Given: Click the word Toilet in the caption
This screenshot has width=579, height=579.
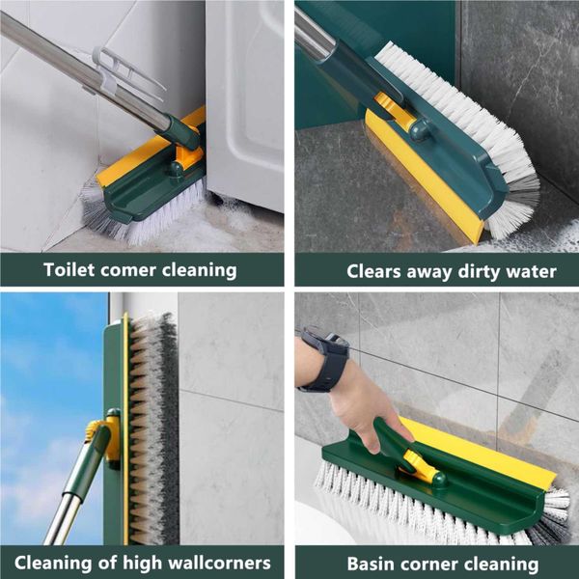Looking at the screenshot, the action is [69, 269].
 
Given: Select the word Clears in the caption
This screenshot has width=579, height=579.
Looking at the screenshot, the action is [373, 271].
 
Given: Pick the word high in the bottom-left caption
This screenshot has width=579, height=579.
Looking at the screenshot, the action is [142, 563].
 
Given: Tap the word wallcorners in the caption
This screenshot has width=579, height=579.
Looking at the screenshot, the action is [219, 563].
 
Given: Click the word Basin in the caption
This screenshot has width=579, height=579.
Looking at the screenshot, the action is [369, 564].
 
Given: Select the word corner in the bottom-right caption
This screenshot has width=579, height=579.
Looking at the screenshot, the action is [427, 565].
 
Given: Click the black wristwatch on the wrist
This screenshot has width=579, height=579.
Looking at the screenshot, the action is [326, 359].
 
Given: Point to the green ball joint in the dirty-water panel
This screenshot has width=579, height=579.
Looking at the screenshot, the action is [420, 129].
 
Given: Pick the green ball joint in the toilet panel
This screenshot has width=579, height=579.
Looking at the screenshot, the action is [177, 169].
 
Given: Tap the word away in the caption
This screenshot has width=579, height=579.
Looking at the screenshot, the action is [429, 273].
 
